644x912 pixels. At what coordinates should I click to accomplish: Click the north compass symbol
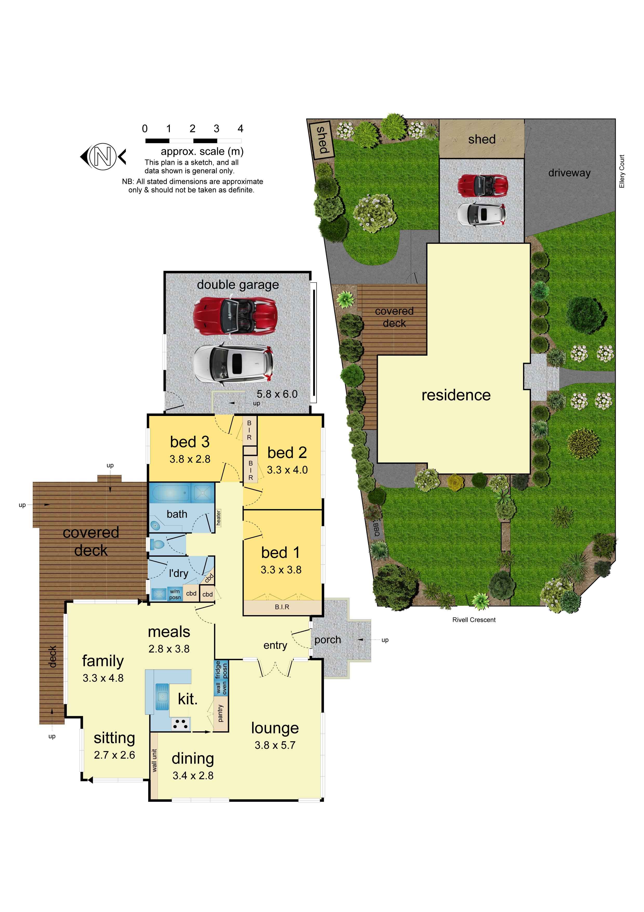[103, 157]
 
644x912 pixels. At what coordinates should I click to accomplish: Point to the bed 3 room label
[190, 442]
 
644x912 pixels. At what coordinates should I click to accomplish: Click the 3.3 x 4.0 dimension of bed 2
[287, 470]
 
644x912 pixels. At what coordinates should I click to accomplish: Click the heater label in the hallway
[218, 518]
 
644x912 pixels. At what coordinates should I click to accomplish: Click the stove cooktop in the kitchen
[180, 724]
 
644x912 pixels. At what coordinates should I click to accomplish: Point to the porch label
[328, 640]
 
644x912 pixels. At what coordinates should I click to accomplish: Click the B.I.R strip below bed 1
[282, 607]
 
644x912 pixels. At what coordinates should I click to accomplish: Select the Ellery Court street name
[622, 171]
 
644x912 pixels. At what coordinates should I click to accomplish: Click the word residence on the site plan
[456, 395]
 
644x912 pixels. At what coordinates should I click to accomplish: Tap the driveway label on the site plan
[569, 173]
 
